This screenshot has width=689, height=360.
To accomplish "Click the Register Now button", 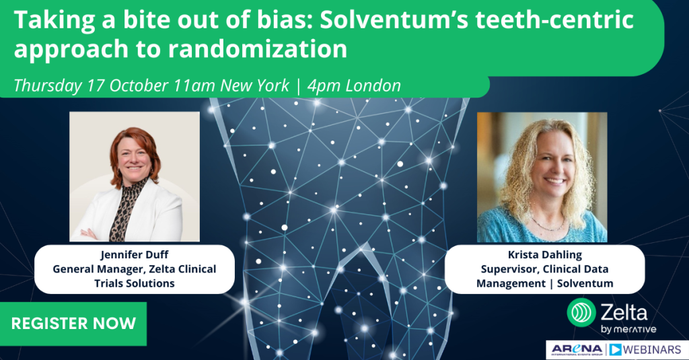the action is (73, 324).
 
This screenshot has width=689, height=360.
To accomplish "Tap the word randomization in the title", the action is (258, 48).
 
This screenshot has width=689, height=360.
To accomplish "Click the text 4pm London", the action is (354, 85).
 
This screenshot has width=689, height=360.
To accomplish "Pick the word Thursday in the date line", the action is (48, 85).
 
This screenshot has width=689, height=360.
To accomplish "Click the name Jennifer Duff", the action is (135, 255).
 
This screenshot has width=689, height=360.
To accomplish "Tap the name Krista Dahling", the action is (544, 255).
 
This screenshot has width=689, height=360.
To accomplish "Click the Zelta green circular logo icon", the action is (581, 312).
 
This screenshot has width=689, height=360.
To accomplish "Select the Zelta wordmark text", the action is (624, 313).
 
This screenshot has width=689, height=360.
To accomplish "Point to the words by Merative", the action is (628, 330).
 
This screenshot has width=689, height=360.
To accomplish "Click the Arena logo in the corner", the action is (577, 350).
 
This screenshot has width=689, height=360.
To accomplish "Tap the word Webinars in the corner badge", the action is (652, 350).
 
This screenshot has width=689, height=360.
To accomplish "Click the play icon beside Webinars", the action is (615, 350).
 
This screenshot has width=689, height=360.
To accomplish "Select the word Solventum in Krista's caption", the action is (585, 283).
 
